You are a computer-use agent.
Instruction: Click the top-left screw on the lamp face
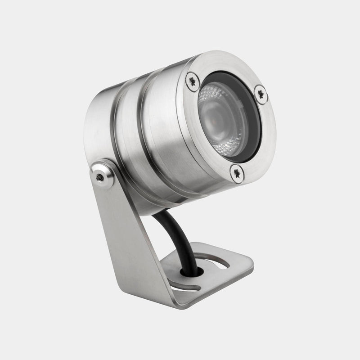(193, 81)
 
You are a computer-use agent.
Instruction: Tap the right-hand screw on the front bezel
(261, 94)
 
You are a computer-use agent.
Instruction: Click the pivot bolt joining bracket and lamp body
(100, 176)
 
